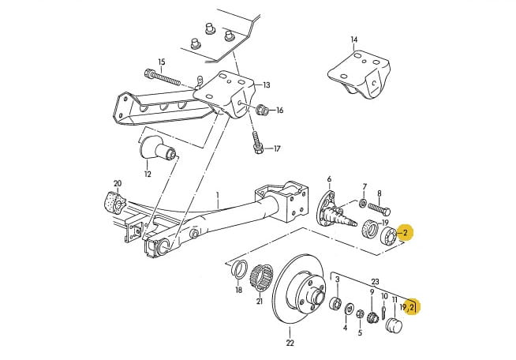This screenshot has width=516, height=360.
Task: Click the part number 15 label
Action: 161,62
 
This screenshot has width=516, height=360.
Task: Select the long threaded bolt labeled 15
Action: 163,77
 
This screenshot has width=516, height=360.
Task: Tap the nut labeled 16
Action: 262,109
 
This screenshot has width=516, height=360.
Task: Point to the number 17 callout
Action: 277,148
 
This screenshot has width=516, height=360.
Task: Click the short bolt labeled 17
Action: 256,142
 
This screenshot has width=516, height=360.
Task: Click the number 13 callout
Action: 267,85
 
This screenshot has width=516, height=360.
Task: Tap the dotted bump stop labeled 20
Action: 115,201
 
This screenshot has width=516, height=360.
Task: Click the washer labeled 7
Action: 363,203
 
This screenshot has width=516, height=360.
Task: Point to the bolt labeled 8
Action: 379,209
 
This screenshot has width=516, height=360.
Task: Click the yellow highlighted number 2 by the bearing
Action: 406,233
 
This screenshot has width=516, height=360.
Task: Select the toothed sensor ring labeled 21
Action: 262,278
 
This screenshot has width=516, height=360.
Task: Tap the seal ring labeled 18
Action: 239,268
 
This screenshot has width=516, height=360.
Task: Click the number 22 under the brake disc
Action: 290,343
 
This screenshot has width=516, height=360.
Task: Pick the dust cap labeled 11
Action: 394,324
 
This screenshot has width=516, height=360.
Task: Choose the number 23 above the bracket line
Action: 375,282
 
